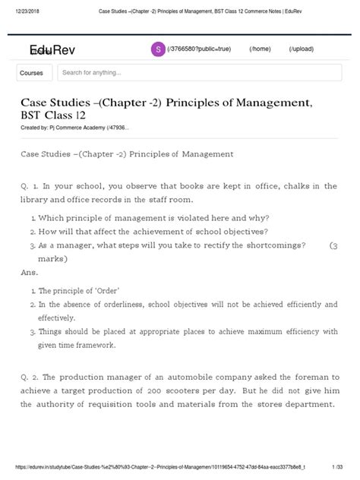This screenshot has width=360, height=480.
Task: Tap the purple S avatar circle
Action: [x=158, y=49]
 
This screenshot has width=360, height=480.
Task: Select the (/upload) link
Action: [x=302, y=49]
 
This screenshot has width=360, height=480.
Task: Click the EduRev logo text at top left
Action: [x=48, y=50]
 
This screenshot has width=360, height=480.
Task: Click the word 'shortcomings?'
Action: [x=274, y=245]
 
